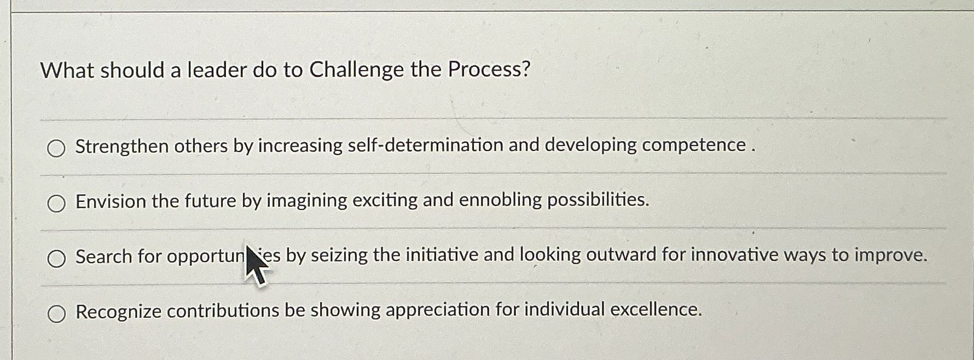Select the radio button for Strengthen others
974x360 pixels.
click(56, 148)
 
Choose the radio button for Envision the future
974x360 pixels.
click(56, 204)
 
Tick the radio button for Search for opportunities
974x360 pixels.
click(56, 258)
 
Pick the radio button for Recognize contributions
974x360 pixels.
click(56, 313)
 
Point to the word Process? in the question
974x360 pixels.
click(489, 69)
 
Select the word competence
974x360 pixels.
click(694, 145)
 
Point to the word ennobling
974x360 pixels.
click(500, 200)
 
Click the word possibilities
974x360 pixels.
click(598, 200)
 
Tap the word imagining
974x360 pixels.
click(306, 201)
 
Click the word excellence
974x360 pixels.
click(656, 310)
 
